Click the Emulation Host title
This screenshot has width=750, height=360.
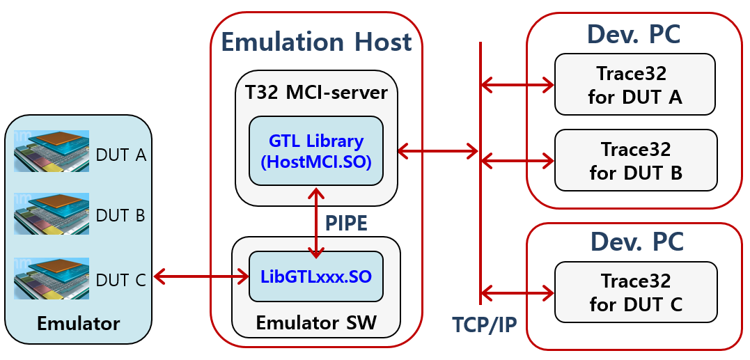click(316, 42)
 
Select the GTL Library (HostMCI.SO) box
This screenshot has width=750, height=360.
click(316, 151)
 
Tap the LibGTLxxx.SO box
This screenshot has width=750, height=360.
click(316, 276)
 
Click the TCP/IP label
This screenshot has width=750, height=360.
click(484, 324)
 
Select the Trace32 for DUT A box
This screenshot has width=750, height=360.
click(634, 84)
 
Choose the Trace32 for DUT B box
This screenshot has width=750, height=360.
click(635, 160)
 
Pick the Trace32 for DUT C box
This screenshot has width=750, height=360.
click(635, 292)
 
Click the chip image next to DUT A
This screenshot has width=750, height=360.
click(52, 151)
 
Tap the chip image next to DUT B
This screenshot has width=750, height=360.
click(52, 214)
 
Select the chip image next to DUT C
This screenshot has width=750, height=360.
click(52, 279)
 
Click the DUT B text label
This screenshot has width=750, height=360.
click(120, 215)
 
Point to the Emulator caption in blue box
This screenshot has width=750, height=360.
click(78, 324)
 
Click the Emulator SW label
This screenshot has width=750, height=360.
click(316, 323)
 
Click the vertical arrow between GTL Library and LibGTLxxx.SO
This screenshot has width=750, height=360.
click(318, 223)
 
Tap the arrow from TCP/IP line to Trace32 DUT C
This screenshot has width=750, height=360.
click(517, 292)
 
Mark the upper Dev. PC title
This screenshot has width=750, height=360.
click(633, 33)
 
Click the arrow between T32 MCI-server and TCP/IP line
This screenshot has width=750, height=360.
click(438, 150)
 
